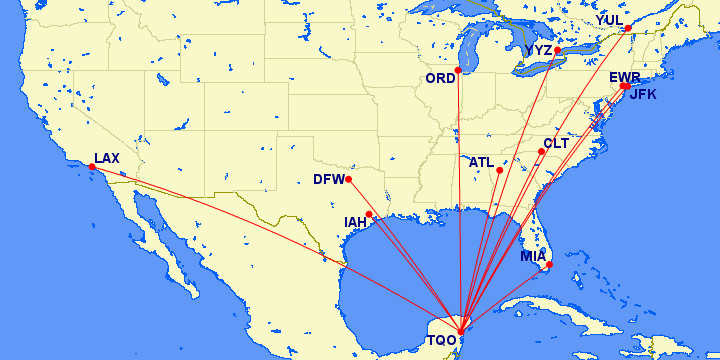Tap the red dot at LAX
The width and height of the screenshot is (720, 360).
92,168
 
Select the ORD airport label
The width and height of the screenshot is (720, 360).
440,79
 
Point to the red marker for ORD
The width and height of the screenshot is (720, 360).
458,70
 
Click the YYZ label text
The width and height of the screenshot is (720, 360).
538,50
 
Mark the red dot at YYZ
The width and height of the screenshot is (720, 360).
557,50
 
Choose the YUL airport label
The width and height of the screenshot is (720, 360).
609,20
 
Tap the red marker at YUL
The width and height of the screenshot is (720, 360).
628,28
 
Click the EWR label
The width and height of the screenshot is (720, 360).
624,77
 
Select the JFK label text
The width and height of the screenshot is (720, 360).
643,96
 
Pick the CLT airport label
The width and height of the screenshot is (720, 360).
556,143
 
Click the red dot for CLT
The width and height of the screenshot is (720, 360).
542,152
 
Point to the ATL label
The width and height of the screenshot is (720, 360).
482,162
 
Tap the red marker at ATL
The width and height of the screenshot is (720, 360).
499,170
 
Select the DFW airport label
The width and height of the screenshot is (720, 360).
328,180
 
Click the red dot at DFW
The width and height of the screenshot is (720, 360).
348,179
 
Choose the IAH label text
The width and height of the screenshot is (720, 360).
356,222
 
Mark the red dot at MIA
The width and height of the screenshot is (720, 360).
550,264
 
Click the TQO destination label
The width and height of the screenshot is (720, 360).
442,340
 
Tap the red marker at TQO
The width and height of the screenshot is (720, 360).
460,332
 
